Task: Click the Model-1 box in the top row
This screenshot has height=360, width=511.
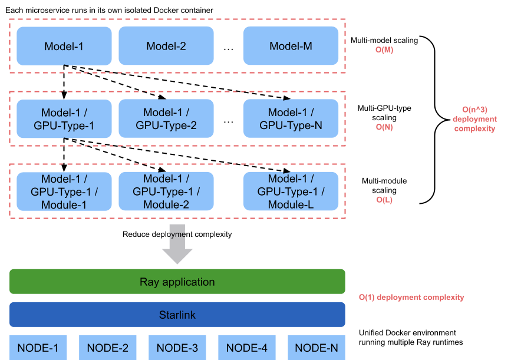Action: [64, 46]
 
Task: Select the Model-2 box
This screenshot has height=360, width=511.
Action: [166, 46]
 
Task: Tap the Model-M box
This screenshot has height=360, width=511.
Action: [291, 46]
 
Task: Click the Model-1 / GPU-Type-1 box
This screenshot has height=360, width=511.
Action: [64, 118]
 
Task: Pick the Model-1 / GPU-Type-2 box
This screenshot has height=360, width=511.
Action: [166, 118]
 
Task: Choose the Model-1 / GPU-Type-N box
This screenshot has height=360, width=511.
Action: [291, 118]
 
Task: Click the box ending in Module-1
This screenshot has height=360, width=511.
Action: [64, 191]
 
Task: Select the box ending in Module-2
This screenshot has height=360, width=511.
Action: [166, 191]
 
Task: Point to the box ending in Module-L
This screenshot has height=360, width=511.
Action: [291, 191]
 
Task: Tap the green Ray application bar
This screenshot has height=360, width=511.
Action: [177, 282]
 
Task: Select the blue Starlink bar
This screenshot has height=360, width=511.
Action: [177, 315]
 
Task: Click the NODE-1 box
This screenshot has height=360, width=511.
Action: [38, 348]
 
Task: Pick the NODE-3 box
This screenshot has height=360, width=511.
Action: [177, 348]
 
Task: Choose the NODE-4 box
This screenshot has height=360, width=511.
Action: [247, 348]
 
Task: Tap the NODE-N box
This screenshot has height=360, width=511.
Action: [317, 348]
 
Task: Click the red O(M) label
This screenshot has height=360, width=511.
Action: [384, 50]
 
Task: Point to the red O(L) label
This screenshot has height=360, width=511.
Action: [384, 200]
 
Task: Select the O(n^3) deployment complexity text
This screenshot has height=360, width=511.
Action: [474, 119]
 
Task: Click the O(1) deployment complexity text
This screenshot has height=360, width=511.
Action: [411, 298]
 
